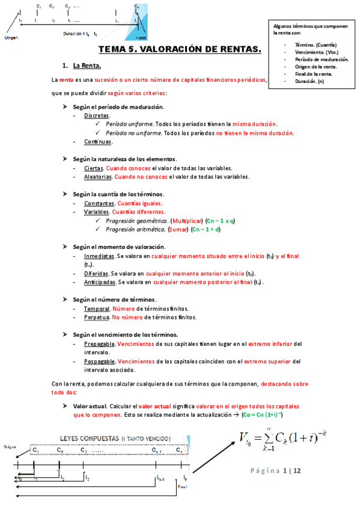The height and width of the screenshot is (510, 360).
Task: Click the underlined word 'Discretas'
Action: (97, 115)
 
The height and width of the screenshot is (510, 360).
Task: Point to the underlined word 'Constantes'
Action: (100, 203)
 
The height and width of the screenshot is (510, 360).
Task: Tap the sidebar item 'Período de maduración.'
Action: (322, 60)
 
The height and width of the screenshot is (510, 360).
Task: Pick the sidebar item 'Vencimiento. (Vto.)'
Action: (317, 52)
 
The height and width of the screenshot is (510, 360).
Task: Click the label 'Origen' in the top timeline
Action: (11, 37)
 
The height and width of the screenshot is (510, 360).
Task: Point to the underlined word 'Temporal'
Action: (97, 309)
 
